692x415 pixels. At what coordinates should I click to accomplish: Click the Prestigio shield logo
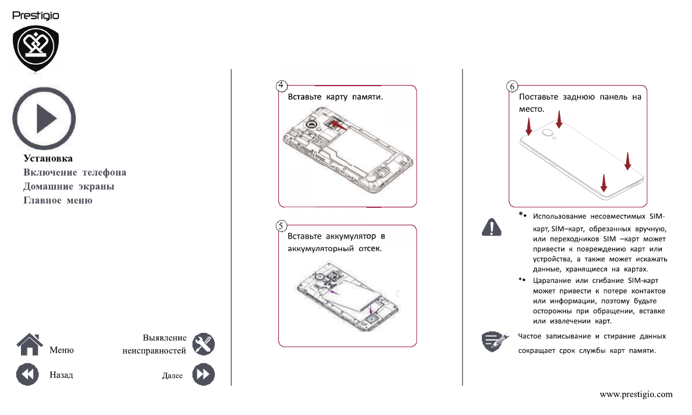36,48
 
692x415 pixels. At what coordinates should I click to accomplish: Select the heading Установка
48,158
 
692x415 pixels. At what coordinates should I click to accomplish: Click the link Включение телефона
74,172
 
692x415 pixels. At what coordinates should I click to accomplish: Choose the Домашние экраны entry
69,186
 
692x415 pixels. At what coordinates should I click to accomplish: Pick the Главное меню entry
58,200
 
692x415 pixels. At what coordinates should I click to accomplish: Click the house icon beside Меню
29,344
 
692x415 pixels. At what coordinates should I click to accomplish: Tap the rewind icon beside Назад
27,374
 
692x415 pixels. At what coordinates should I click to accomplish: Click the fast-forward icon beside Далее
203,374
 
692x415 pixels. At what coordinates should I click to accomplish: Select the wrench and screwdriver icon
203,344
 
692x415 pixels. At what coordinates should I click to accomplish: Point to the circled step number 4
281,86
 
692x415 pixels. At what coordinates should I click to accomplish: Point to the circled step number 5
281,225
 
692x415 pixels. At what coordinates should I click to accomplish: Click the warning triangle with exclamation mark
492,226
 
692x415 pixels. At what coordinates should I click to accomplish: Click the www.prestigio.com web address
636,394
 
